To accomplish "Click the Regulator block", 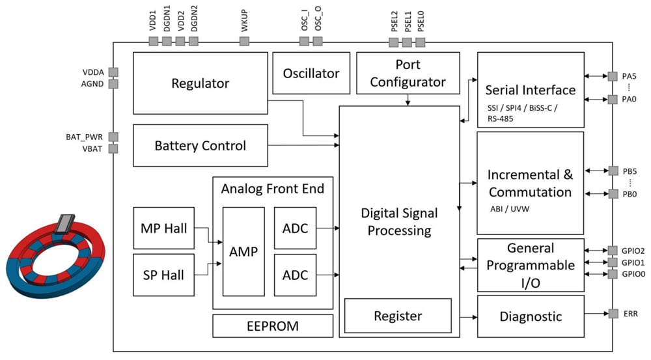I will click(x=200, y=83).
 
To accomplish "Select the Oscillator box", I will click(x=311, y=74).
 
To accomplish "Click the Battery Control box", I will click(x=200, y=145).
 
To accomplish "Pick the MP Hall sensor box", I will click(x=163, y=228).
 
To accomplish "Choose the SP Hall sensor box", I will click(x=163, y=275).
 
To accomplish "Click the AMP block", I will click(x=243, y=251).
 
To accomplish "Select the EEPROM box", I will click(x=272, y=325).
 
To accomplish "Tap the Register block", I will click(x=397, y=316).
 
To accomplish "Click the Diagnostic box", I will click(x=530, y=316).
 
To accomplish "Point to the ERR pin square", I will click(x=613, y=314).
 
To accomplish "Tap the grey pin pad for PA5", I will click(x=613, y=76).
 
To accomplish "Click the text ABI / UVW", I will click(x=508, y=210).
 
